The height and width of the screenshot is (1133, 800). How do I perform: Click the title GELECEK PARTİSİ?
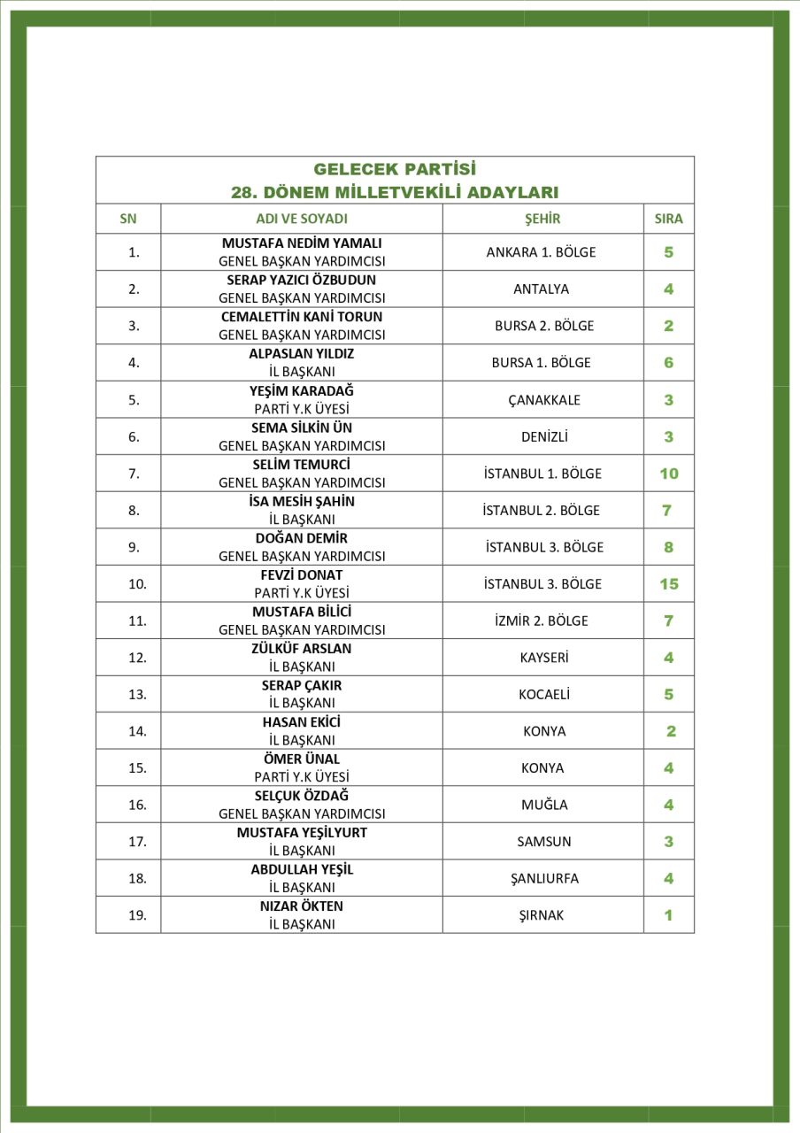click(x=395, y=169)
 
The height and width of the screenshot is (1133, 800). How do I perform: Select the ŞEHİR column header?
click(x=542, y=219)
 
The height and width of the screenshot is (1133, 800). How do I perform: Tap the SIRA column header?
click(x=668, y=219)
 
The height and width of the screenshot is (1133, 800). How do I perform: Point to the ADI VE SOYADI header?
click(x=302, y=219)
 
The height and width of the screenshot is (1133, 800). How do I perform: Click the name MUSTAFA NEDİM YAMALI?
click(x=302, y=243)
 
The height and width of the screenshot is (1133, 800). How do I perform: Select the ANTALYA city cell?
click(x=541, y=289)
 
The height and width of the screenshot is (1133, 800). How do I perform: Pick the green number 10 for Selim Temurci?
click(x=668, y=474)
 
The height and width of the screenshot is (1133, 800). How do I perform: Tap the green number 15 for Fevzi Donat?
click(x=668, y=584)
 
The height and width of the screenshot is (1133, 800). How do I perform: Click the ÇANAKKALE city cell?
click(x=544, y=399)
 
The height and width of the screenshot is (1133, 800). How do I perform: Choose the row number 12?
click(x=137, y=658)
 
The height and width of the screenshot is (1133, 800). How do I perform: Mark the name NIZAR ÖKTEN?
click(x=302, y=906)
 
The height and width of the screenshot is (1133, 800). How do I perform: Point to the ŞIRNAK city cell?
click(x=541, y=915)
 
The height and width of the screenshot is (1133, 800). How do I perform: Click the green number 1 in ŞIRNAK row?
click(x=668, y=915)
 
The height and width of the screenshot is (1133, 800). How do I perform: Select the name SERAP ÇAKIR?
click(x=302, y=685)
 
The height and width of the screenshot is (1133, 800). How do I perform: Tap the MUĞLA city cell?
click(x=544, y=805)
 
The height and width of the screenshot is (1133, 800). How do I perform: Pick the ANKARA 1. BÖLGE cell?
click(x=541, y=252)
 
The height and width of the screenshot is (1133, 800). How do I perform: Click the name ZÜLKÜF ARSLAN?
click(x=302, y=648)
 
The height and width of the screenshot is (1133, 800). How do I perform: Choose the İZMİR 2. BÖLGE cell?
click(x=541, y=620)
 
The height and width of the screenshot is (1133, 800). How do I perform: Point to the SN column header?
click(x=128, y=219)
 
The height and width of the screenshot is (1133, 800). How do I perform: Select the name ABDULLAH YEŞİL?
click(x=302, y=869)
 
